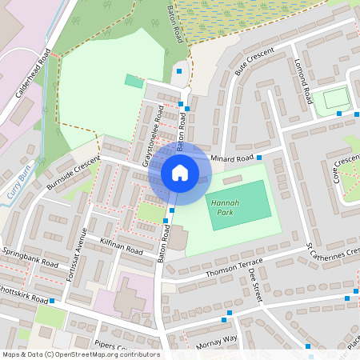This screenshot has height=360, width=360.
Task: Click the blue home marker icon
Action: pyautogui.click(x=180, y=172)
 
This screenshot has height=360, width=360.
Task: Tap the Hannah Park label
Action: pyautogui.click(x=225, y=208)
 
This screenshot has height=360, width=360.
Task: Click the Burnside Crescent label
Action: pyautogui.click(x=73, y=170)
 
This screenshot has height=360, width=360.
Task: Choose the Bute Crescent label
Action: pyautogui.click(x=255, y=61)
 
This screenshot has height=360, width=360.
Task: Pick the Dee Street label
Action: pyautogui.click(x=255, y=286)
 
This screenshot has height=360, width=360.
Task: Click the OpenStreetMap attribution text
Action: pyautogui.click(x=80, y=354)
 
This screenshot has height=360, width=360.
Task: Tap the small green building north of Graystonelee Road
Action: pyautogui.click(x=134, y=81)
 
